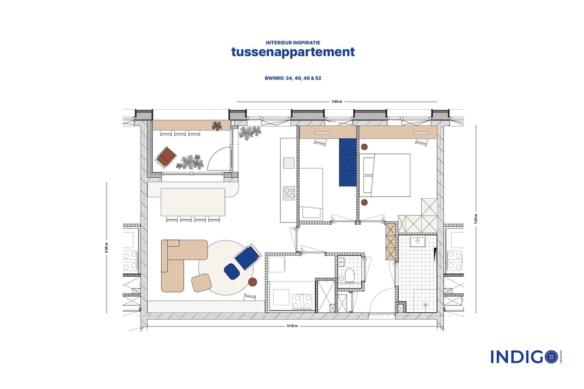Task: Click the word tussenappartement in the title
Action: (293, 52)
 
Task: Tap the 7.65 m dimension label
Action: (336, 102)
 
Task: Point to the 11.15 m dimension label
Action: (291, 326)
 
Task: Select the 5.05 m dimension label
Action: (107, 247)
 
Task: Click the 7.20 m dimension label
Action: (476, 219)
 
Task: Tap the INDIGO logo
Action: (523, 357)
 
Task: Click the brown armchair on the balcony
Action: (166, 157)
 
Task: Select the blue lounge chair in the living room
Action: (246, 256)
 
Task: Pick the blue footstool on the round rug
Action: (232, 271)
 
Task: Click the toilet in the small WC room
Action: (350, 275)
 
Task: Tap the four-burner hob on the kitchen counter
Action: (289, 193)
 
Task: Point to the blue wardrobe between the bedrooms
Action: (348, 162)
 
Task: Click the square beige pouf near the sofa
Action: (201, 283)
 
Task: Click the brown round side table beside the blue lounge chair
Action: (253, 282)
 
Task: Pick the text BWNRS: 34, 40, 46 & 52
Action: (293, 78)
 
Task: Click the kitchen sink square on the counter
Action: (289, 163)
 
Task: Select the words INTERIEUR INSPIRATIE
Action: (293, 42)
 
